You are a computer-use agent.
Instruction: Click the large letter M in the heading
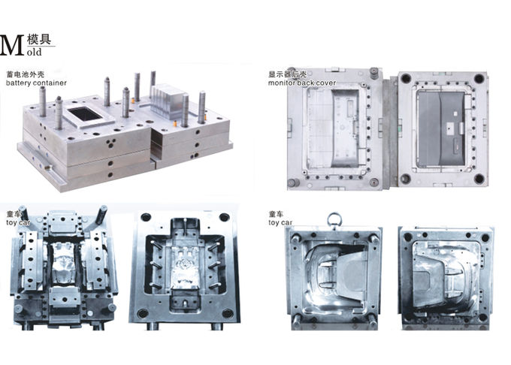pyautogui.click(x=12, y=46)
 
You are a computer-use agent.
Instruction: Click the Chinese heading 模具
pyautogui.click(x=39, y=39)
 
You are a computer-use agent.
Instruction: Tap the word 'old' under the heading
pyautogui.click(x=35, y=52)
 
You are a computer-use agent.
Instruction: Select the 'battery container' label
pyautogui.click(x=36, y=83)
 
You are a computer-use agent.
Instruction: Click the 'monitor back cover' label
pyautogui.click(x=302, y=83)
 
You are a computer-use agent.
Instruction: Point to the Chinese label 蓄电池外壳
pyautogui.click(x=26, y=75)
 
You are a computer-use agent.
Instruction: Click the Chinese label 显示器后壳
pyautogui.click(x=287, y=74)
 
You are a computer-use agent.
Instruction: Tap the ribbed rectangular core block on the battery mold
pyautogui.click(x=166, y=100)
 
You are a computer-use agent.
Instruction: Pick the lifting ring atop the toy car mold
pyautogui.click(x=334, y=220)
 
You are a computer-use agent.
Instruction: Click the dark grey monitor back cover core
pyautogui.click(x=441, y=128)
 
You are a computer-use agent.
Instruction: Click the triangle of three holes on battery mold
pyautogui.click(x=111, y=142)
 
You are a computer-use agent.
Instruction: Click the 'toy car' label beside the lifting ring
pyautogui.click(x=280, y=223)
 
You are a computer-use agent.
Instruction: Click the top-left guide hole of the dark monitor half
pyautogui.click(x=406, y=78)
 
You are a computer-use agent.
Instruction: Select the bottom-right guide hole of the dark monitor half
pyautogui.click(x=479, y=178)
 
